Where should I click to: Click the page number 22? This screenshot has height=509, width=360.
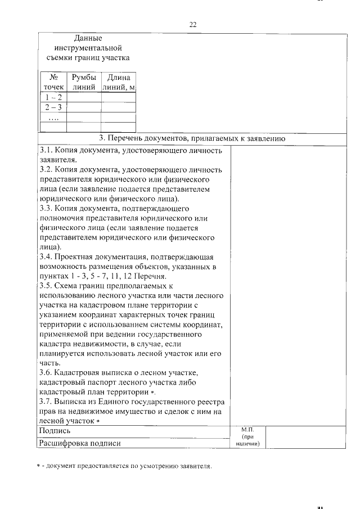click(x=192, y=25)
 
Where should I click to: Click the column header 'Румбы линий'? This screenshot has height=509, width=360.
click(x=84, y=82)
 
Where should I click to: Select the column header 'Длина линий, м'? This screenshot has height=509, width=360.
click(x=118, y=82)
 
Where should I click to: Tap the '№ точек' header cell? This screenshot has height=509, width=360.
click(x=54, y=82)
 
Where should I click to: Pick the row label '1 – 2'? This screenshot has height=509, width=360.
click(x=54, y=97)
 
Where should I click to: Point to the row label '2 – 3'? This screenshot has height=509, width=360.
click(x=54, y=107)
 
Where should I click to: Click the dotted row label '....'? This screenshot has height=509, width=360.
click(x=54, y=118)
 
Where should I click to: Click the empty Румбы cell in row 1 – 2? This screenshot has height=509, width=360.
click(x=84, y=97)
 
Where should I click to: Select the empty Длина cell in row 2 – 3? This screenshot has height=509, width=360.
click(x=118, y=107)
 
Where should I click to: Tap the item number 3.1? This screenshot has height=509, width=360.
click(x=46, y=150)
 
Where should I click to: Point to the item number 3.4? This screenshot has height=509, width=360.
click(x=46, y=256)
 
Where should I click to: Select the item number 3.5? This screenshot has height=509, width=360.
click(x=46, y=285)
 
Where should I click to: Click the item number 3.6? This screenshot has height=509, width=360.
click(x=46, y=372)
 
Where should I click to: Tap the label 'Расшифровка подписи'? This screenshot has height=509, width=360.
click(x=79, y=443)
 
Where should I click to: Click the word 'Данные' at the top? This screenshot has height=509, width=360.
click(x=88, y=38)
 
